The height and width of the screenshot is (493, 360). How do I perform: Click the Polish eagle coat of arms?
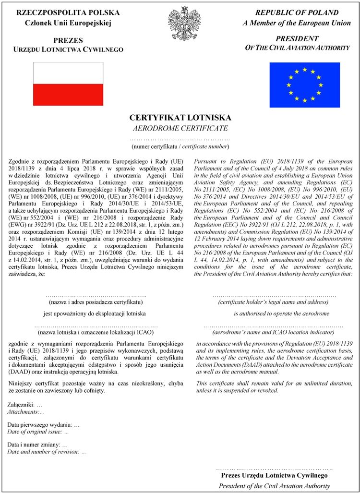[180, 24]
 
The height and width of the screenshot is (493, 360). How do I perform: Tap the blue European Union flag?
[304, 85]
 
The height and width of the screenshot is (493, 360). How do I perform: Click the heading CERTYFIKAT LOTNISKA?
[180, 118]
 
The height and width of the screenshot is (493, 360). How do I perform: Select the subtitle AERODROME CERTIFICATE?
[180, 128]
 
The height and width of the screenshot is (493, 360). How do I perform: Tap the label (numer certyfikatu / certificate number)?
[180, 146]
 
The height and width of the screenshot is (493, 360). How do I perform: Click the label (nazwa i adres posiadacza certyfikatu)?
[96, 302]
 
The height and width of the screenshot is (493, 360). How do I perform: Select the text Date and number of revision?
[43, 452]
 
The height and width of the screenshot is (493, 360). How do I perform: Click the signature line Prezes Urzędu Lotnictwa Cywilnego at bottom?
[274, 475]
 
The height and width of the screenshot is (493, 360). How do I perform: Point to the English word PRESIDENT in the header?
[297, 38]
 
